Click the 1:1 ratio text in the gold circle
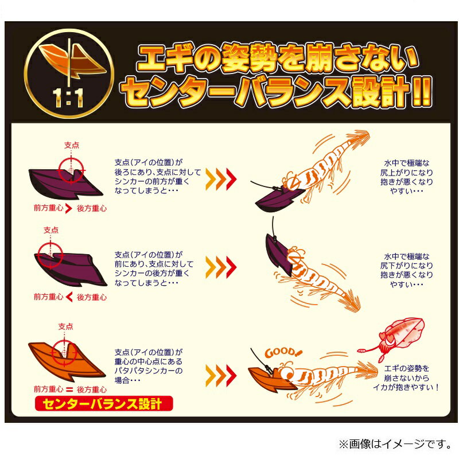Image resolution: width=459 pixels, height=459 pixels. [x=68, y=98]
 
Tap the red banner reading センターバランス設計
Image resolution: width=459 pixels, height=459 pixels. [x=104, y=404]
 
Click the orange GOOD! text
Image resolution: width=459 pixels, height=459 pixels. [x=282, y=352]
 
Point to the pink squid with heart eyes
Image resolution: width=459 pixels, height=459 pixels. [x=395, y=337]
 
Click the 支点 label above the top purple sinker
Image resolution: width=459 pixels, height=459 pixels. [x=72, y=145]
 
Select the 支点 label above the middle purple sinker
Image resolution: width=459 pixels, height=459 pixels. [x=51, y=230]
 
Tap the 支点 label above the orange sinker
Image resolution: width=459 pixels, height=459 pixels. [x=65, y=326]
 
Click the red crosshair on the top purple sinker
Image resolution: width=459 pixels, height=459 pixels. [x=71, y=170]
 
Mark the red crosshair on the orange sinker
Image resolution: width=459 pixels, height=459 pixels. [x=64, y=353]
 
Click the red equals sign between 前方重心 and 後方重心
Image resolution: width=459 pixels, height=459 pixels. [x=69, y=390]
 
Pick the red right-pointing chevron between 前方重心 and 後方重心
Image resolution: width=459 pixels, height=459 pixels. [x=69, y=208]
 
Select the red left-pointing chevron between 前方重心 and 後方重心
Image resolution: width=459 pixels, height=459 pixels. [x=69, y=297]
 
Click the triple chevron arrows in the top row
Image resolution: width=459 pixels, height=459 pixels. [x=221, y=179]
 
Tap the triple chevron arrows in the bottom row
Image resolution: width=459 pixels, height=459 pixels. [x=221, y=376]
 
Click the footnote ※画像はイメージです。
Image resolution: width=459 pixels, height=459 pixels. [x=395, y=444]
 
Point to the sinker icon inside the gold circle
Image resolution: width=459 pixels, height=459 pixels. [x=72, y=61]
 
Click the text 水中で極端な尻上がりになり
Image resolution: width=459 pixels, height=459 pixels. [x=407, y=168]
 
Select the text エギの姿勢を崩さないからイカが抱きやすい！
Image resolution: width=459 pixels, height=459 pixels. [x=406, y=378]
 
